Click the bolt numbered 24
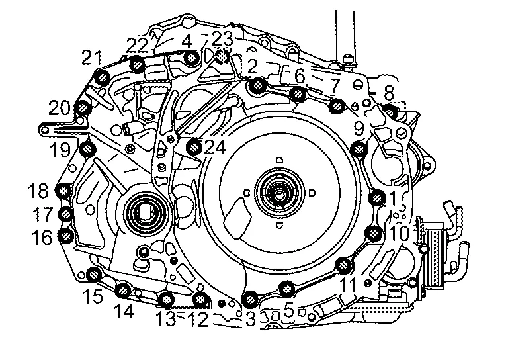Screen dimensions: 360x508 194,147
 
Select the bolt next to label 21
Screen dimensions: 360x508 103,78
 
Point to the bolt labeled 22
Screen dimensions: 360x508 137,64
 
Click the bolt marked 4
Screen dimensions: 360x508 190,59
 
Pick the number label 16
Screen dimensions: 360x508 41,237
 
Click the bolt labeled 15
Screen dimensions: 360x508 93,274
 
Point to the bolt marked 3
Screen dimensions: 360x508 249,300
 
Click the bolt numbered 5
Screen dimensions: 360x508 286,289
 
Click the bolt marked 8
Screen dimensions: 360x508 390,111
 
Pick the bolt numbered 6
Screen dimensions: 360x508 298,94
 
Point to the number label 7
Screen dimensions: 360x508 334,86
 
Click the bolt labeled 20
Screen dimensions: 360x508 83,107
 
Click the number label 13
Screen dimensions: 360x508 166,319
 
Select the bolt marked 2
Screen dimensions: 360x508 257,85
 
